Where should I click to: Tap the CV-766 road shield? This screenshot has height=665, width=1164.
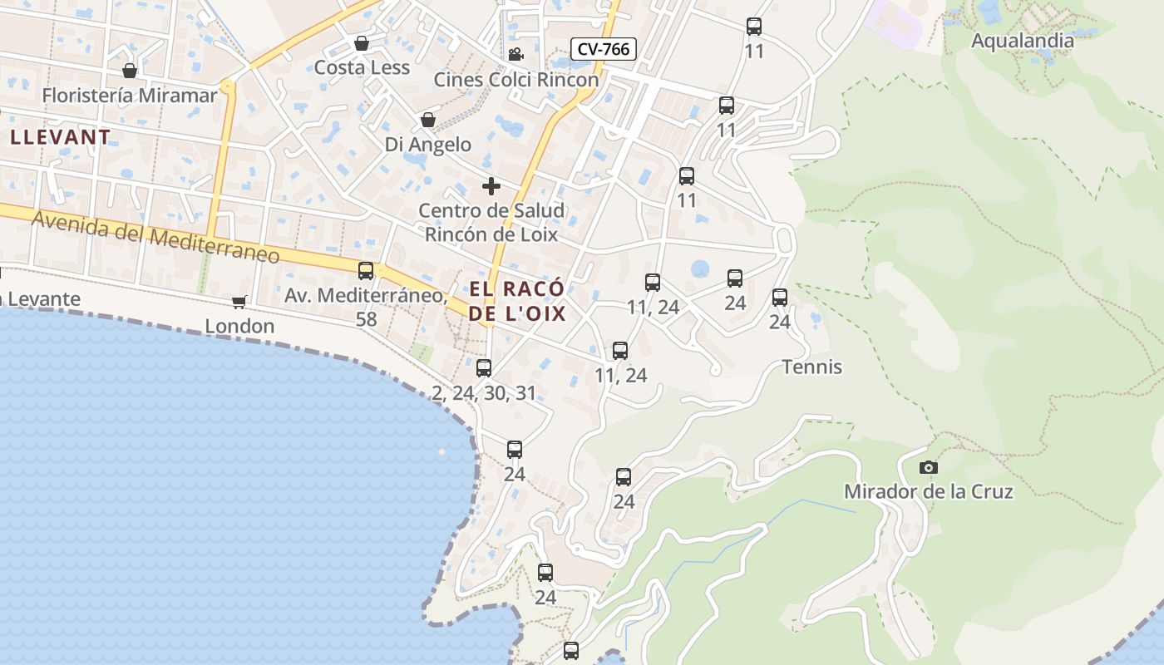tap(604, 49)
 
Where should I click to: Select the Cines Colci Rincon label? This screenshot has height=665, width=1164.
tap(516, 80)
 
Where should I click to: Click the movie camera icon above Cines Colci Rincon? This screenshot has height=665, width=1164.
tap(515, 55)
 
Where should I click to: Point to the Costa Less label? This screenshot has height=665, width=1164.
tap(363, 67)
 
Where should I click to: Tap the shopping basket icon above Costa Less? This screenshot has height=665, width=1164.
tap(362, 43)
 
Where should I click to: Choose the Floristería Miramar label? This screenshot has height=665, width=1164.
tap(129, 95)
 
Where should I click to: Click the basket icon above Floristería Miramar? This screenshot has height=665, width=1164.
tap(129, 71)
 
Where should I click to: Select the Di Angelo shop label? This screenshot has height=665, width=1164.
tap(427, 145)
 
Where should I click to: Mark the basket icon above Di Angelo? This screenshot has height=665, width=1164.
tap(427, 121)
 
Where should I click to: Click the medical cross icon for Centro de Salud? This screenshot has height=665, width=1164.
tap(491, 185)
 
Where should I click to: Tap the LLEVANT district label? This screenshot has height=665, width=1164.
tap(60, 137)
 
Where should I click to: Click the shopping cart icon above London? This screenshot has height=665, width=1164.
tap(239, 302)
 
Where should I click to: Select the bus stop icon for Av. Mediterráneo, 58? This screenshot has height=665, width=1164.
tap(366, 270)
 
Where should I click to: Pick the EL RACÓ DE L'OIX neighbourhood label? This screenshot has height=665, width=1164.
tap(517, 301)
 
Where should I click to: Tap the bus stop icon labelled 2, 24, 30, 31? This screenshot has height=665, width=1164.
tap(484, 367)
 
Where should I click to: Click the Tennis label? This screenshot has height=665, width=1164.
tap(811, 367)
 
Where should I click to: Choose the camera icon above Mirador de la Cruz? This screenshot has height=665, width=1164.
tap(929, 467)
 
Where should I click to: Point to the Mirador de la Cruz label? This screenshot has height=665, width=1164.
tap(929, 491)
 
